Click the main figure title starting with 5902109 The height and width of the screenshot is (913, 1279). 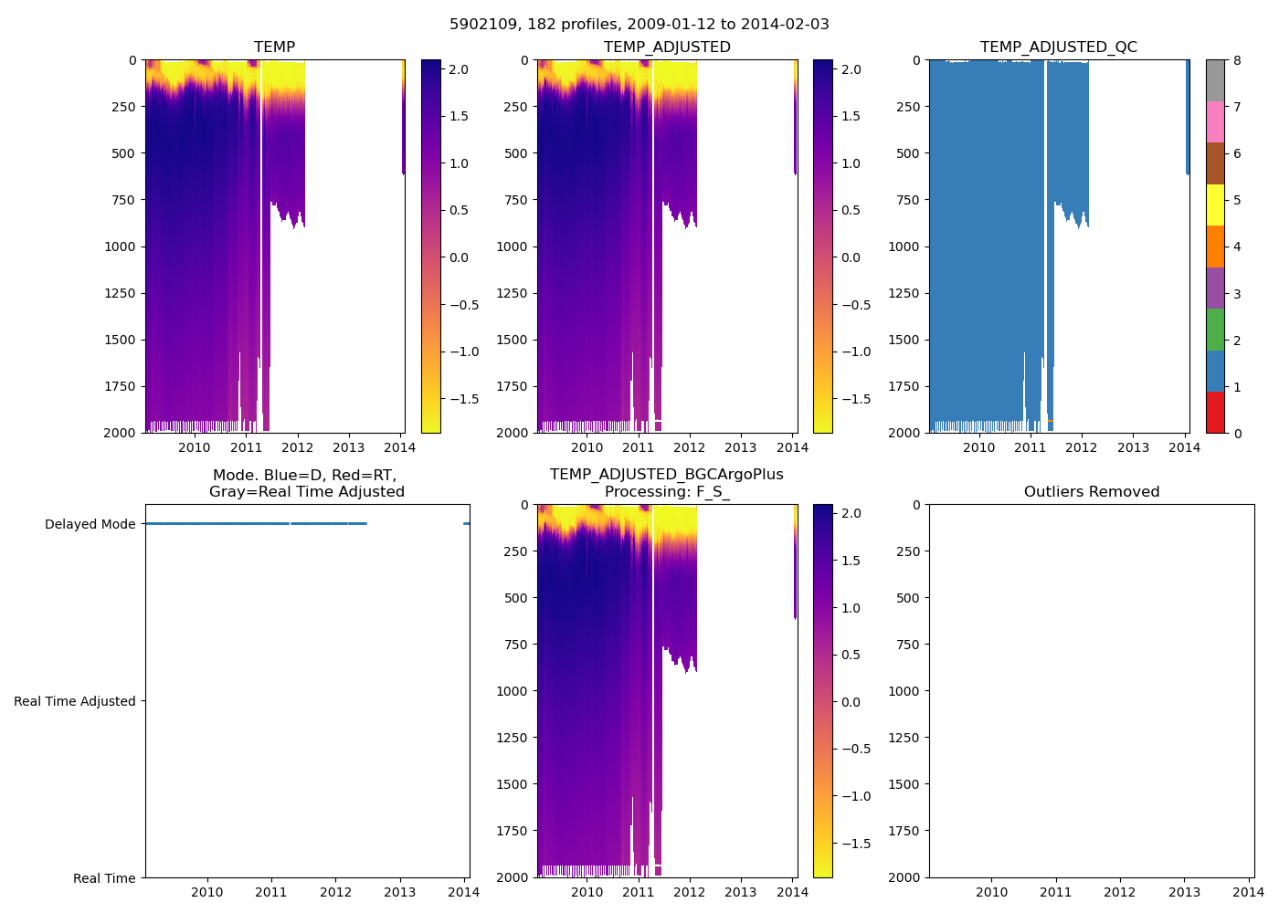click(x=639, y=25)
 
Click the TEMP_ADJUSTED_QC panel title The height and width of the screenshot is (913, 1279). click(x=1058, y=47)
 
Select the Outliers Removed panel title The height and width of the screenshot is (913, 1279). click(x=1091, y=492)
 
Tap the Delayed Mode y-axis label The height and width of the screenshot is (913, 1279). click(x=90, y=524)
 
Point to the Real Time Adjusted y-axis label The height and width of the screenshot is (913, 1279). click(x=74, y=701)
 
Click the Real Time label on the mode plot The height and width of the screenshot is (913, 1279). click(x=104, y=878)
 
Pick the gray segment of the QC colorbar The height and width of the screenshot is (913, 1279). click(x=1215, y=80)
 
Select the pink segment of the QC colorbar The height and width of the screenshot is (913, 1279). click(x=1215, y=122)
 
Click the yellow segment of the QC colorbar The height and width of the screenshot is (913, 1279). click(x=1215, y=205)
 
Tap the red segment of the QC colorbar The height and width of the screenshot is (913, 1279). click(x=1215, y=413)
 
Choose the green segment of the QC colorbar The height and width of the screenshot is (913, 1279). click(x=1215, y=330)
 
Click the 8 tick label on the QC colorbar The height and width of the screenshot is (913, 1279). click(x=1237, y=60)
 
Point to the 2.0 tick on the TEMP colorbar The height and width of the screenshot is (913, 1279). click(x=459, y=69)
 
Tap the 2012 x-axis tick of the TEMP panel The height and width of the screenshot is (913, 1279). click(x=297, y=447)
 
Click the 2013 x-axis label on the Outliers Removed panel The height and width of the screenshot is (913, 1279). click(x=1184, y=892)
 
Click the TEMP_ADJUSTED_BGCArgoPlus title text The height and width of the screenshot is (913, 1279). click(x=666, y=475)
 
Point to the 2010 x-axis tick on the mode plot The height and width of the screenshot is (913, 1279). click(x=206, y=892)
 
